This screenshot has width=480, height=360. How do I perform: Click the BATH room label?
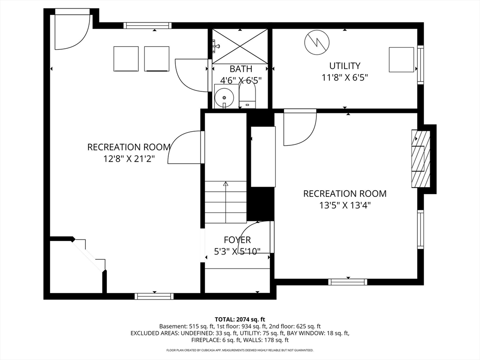(x=241, y=69)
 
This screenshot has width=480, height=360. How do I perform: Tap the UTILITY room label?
(x=345, y=66)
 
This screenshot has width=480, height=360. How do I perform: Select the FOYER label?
(x=237, y=240)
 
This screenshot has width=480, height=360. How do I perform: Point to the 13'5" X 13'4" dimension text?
(x=345, y=205)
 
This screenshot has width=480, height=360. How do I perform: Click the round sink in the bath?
(x=224, y=97)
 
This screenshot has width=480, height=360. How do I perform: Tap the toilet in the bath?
(x=247, y=95)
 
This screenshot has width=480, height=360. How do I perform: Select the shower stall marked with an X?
(x=240, y=46)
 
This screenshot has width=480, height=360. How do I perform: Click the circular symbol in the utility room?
(x=317, y=42)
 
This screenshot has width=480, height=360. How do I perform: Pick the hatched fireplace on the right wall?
(x=421, y=158)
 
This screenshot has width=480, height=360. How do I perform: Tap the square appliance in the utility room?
(x=401, y=60)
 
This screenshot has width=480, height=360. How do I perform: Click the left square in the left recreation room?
(x=126, y=59)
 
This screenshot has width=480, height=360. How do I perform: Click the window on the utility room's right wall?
(x=420, y=64)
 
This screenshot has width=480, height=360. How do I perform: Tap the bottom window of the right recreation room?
(x=348, y=282)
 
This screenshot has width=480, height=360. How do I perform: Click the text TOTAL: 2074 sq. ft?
(x=240, y=320)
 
